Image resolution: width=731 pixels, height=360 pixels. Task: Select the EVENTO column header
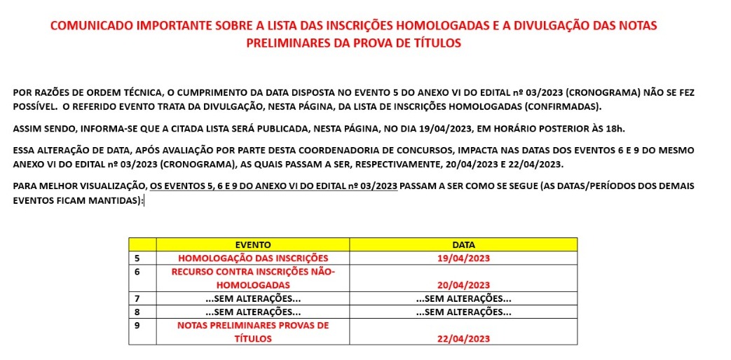pos(252,244)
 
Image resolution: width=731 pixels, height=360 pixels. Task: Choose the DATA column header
pos(463,244)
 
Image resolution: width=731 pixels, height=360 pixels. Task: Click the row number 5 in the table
pos(137,258)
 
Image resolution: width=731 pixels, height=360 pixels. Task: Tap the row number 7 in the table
pos(137,299)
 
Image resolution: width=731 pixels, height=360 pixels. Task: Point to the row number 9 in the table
pos(137,326)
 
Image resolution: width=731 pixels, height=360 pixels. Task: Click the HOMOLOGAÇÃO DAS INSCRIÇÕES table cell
pos(252,258)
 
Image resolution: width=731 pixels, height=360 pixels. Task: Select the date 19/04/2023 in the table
pos(463,258)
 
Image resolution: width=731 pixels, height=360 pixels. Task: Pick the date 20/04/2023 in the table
pos(463,285)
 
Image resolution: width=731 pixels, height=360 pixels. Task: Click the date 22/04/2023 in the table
pos(463,339)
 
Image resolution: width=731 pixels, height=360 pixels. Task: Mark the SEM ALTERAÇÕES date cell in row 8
pos(463,312)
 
